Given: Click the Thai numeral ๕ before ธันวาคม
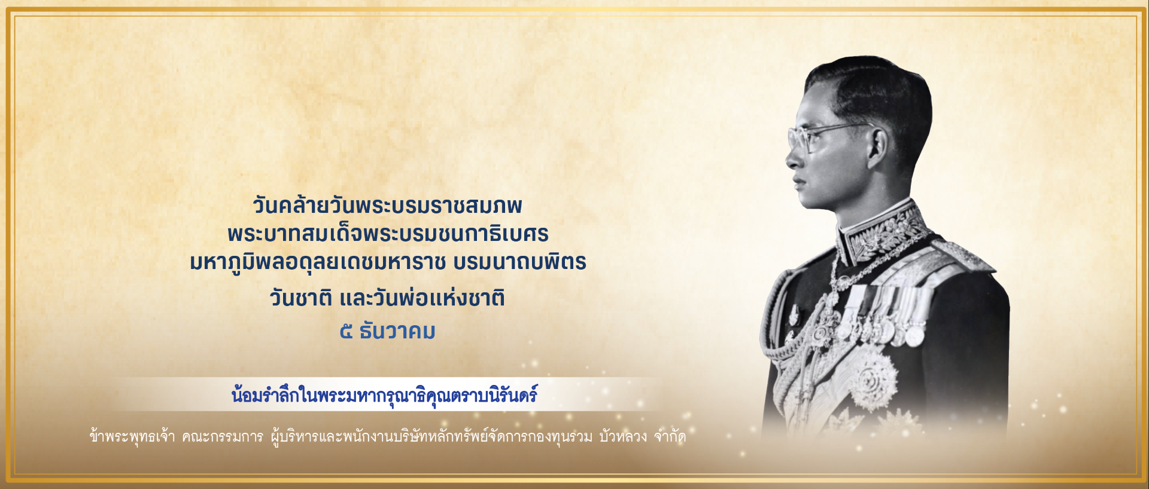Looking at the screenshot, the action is pos(346,331).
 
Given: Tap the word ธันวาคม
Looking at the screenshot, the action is pos(397,331).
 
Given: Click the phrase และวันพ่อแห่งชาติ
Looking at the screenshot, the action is pos(422,297).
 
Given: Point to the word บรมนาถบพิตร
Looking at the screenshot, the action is pos(520,262).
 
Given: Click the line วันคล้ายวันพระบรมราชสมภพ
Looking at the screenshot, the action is pos(387,205).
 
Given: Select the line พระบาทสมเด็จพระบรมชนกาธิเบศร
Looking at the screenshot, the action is pos(388,233).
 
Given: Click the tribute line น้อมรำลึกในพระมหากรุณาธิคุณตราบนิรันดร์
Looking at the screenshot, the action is pos(384,395).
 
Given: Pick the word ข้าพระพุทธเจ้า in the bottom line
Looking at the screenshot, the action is pos(132,436).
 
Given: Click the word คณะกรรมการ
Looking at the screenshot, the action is pos(223,437).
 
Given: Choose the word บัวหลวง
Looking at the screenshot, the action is pos(623,436).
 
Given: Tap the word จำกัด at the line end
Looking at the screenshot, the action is pos(670,436).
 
